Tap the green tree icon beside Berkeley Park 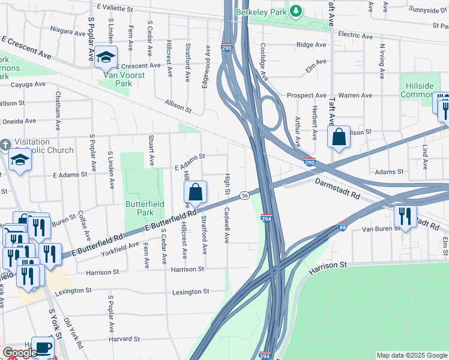(x=295, y=11)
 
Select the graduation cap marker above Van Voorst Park (x=106, y=57)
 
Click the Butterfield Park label (x=140, y=208)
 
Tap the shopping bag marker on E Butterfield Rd (x=196, y=193)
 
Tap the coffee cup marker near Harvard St (x=43, y=348)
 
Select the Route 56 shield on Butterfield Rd (x=245, y=196)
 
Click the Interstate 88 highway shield (x=342, y=227)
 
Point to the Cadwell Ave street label (x=227, y=225)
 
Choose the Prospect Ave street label (x=306, y=95)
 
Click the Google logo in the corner (x=20, y=353)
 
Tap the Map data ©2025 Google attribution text (x=412, y=355)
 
